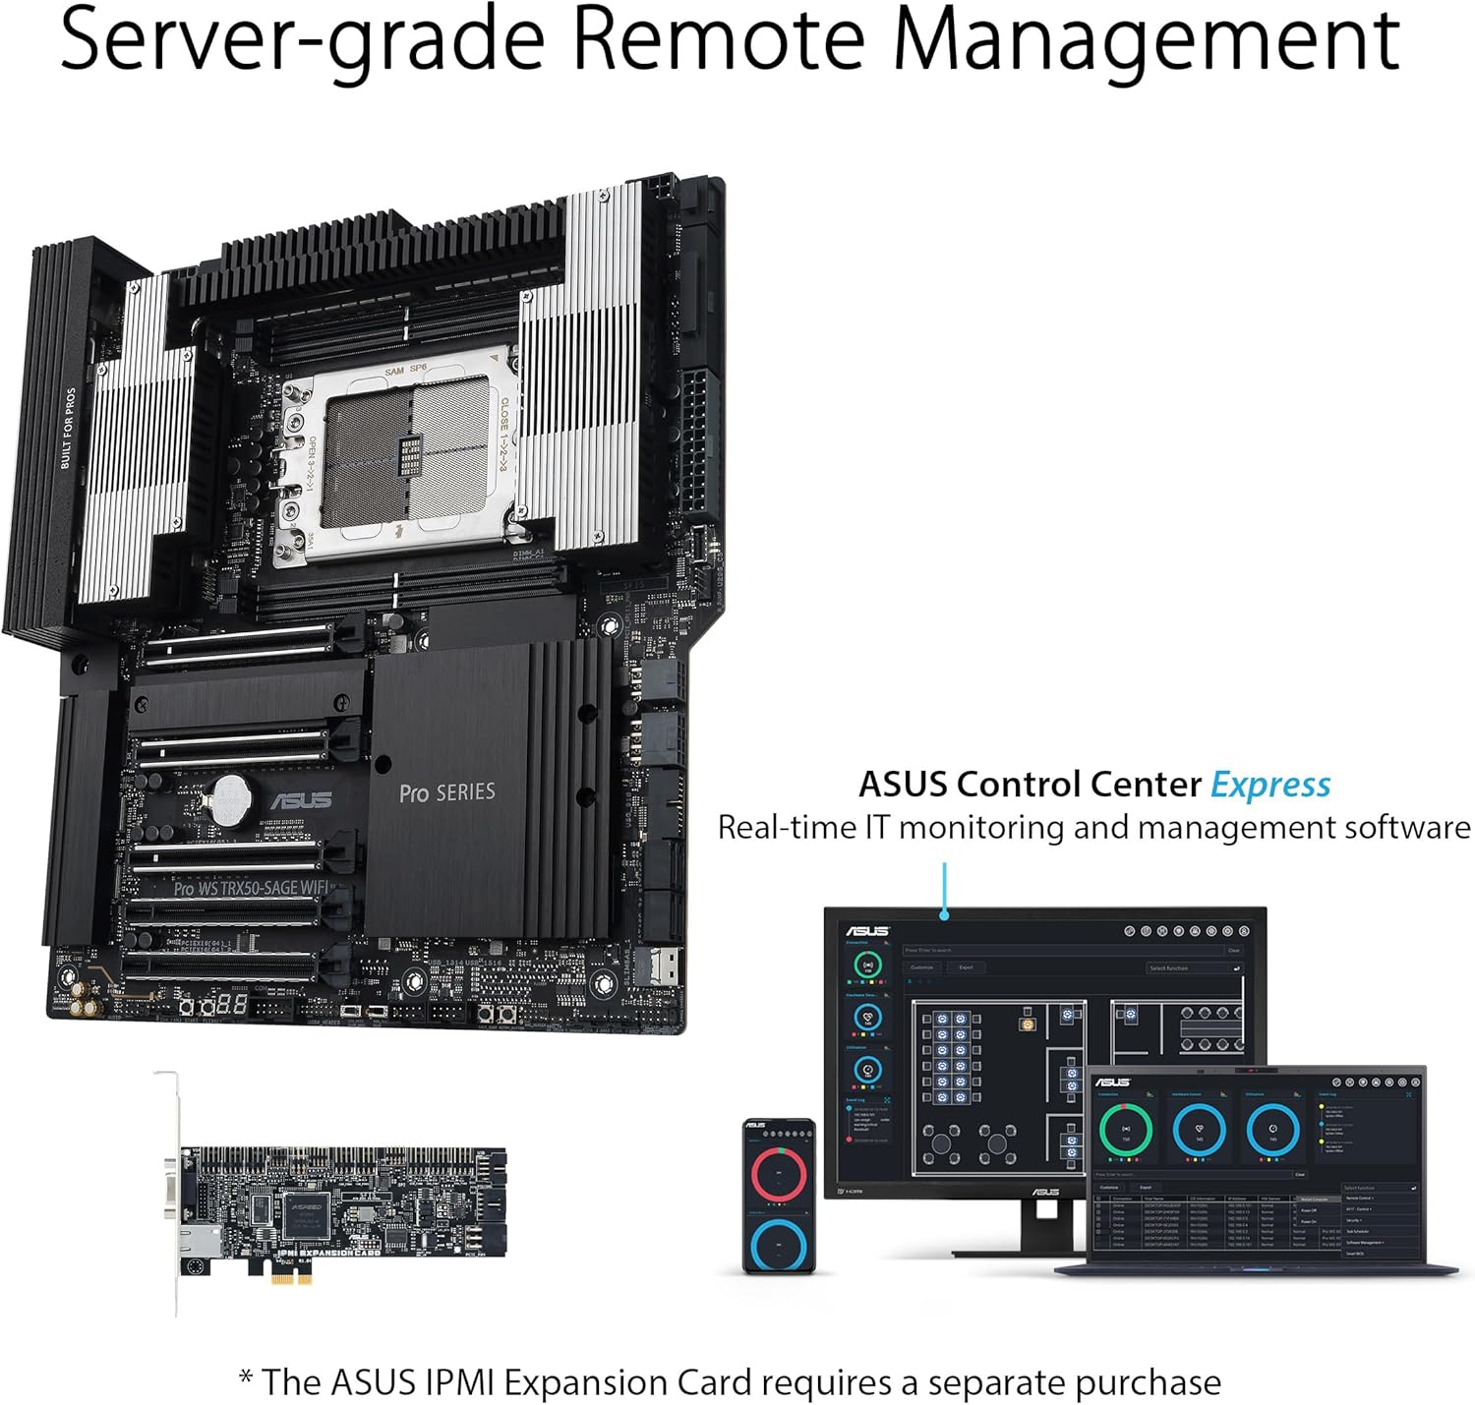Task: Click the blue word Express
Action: coord(1269,785)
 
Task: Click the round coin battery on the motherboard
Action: coord(229,798)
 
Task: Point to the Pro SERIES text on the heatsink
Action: coord(446,792)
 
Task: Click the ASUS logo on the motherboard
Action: coord(301,799)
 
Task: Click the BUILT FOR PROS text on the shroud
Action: coord(67,428)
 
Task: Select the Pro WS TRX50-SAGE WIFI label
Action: coord(251,888)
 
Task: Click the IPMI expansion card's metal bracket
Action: coord(172,1190)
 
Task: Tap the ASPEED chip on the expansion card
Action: coord(305,1210)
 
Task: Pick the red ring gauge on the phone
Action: coord(779,1172)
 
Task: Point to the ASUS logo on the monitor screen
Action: coord(867,931)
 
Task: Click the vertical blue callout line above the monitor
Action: coord(944,888)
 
